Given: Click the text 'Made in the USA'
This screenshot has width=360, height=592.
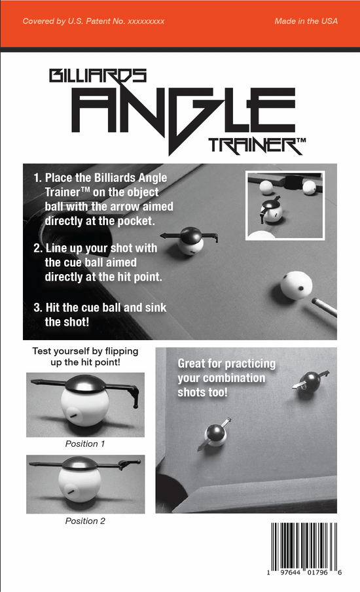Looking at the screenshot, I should pos(306,22).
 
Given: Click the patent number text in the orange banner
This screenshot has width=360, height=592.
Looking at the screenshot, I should pos(93,22).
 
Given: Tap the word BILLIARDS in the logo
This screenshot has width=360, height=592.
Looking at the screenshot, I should pos(98,77).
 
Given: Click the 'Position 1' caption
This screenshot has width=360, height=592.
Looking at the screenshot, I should pos(85,444).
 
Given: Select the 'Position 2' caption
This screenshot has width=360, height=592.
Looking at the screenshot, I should pos(85,521).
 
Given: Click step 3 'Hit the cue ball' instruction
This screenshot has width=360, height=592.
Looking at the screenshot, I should pos(98,315).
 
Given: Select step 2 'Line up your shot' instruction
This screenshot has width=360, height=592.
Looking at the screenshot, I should pos(98,263).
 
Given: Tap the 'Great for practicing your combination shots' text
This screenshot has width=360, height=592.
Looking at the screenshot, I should pos(226,378).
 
